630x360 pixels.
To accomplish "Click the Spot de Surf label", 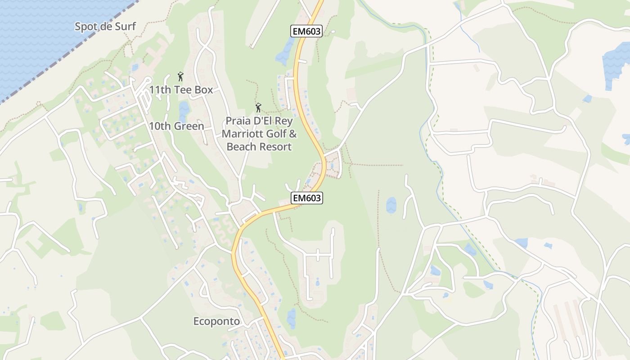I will (x=105, y=26).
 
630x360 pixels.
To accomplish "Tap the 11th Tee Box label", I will (x=181, y=90).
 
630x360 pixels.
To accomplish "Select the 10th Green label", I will (x=176, y=126).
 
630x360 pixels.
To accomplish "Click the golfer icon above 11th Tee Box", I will (x=180, y=76).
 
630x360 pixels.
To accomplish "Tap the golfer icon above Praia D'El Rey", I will (x=258, y=108).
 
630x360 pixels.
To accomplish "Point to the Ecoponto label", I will (x=216, y=321).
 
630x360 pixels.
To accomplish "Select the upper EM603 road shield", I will (x=306, y=31).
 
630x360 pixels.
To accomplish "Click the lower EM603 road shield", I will (x=307, y=198).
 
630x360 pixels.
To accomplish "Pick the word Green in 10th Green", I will (x=189, y=126).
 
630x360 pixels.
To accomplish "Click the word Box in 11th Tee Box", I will (x=204, y=90).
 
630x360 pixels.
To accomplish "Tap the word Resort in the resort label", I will (x=275, y=147).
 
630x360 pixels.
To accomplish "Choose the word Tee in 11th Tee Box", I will (x=184, y=90).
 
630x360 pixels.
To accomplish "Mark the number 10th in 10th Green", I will (x=160, y=126).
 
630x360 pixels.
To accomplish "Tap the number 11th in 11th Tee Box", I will (x=160, y=90).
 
